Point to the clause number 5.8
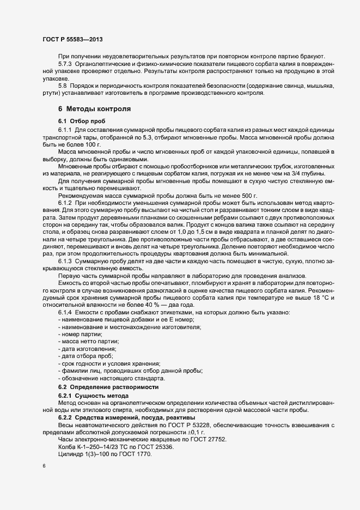62,86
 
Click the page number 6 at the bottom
44,467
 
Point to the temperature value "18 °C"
308,296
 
